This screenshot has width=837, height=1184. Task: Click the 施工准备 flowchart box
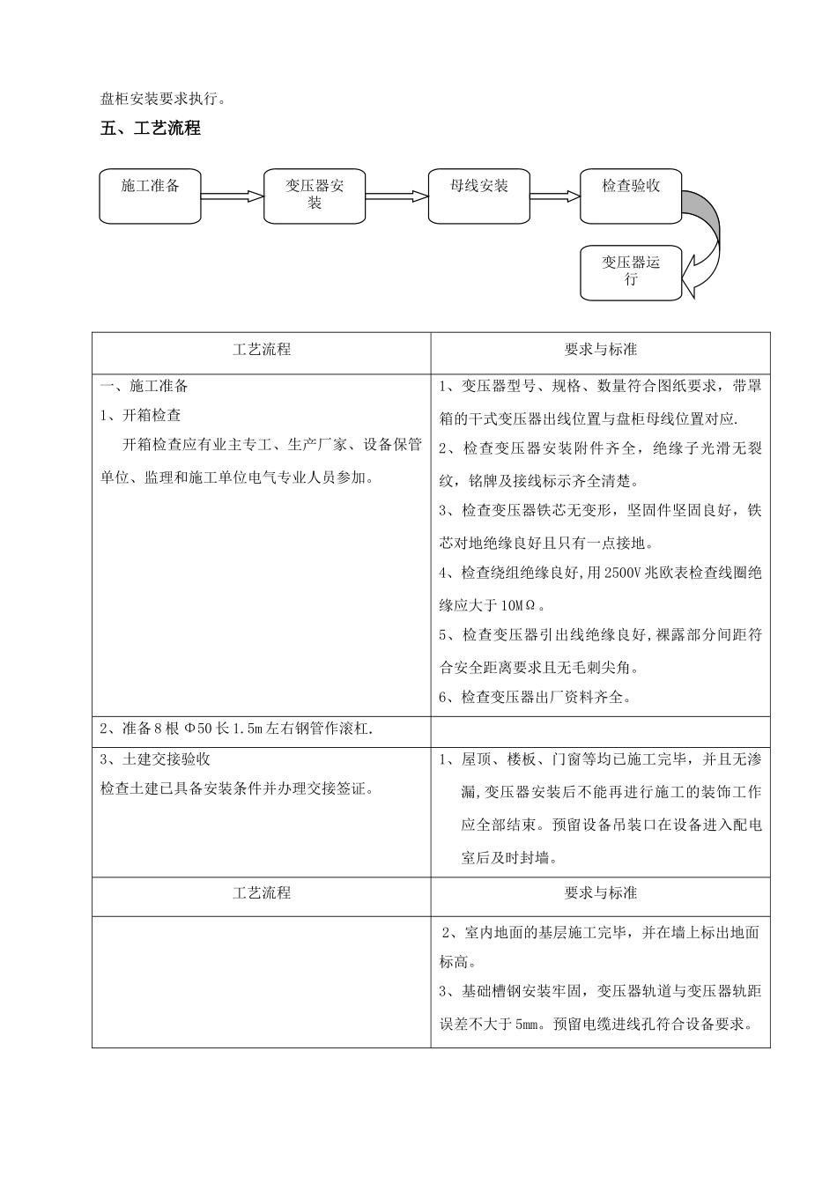point(150,195)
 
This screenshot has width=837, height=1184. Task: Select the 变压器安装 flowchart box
point(315,195)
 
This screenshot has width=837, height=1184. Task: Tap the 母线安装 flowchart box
point(478,195)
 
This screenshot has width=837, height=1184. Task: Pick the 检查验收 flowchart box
point(631,195)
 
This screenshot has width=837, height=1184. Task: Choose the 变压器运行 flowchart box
point(631,271)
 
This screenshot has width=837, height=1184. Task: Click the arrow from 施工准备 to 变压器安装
point(233,196)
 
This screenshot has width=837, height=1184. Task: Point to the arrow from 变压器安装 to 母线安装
point(396,196)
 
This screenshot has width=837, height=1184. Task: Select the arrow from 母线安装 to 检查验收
point(554,196)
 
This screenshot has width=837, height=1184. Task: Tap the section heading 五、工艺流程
point(151,129)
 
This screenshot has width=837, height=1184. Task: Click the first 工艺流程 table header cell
point(262,350)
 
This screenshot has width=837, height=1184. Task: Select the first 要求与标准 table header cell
point(600,350)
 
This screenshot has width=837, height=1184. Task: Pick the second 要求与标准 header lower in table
point(600,893)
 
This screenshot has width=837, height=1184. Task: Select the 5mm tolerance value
point(526,1025)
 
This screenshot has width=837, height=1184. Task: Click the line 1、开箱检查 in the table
point(141,416)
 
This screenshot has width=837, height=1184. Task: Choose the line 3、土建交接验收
point(155,759)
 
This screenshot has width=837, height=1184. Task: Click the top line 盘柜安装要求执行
point(163,99)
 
